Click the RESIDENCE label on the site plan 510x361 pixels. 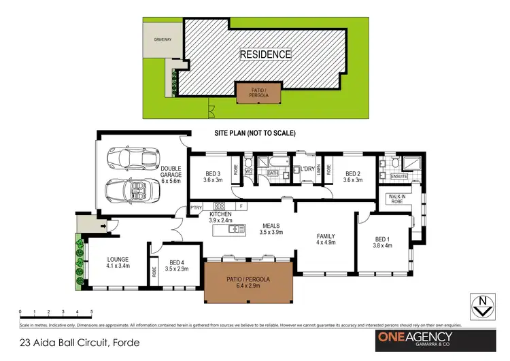pyautogui.click(x=265, y=54)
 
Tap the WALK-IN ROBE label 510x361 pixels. pyautogui.click(x=396, y=199)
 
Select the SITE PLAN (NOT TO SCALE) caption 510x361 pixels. pyautogui.click(x=255, y=133)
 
